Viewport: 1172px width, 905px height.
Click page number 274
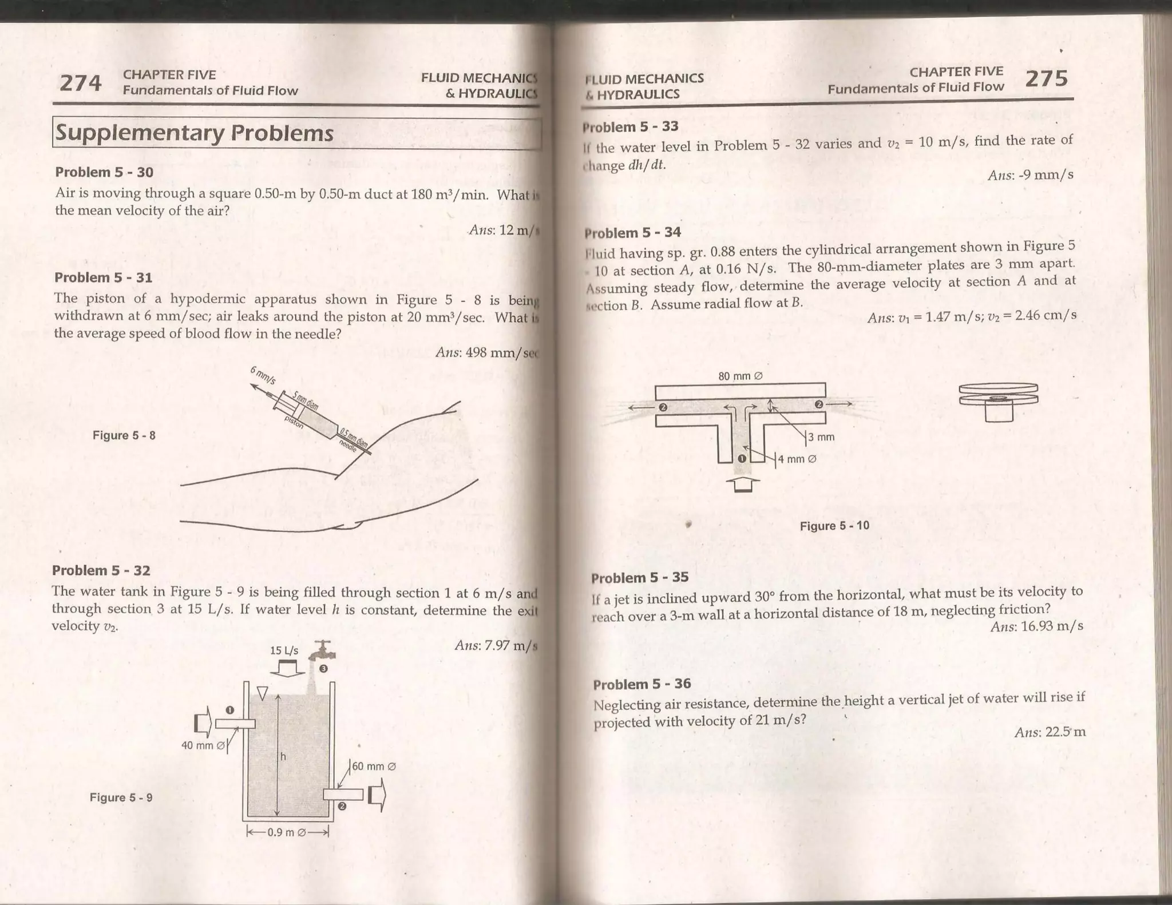coord(81,84)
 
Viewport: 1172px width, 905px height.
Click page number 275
coord(1046,78)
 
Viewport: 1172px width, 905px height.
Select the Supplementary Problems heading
coord(194,133)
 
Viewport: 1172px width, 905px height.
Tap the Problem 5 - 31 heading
coord(103,277)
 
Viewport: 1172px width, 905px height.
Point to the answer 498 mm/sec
coord(486,352)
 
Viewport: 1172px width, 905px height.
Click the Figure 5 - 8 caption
coord(124,435)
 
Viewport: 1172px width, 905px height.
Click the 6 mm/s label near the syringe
coord(263,375)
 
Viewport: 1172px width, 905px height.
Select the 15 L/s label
coord(284,651)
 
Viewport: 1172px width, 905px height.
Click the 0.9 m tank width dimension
coord(288,832)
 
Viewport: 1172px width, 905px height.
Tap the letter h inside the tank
coord(283,757)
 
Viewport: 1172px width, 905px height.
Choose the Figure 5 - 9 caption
coord(121,797)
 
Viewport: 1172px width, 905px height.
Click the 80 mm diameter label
coord(741,376)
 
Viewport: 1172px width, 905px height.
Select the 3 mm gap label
coord(821,438)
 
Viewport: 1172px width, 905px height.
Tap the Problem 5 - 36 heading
coord(642,684)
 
